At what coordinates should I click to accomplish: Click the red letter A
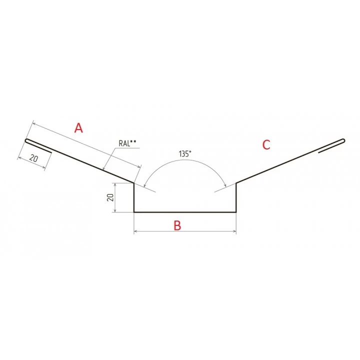(x=78, y=128)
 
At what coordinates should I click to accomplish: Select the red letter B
(x=177, y=225)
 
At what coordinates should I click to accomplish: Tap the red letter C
(x=266, y=144)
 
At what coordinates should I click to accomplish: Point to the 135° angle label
(x=185, y=153)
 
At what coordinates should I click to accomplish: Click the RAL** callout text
(x=127, y=143)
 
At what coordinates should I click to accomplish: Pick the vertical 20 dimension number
(x=110, y=197)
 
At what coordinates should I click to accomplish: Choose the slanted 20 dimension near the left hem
(x=34, y=158)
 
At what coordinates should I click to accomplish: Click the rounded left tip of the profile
(x=26, y=140)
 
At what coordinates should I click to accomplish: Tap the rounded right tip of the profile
(x=343, y=140)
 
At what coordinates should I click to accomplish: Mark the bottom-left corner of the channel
(x=134, y=212)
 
